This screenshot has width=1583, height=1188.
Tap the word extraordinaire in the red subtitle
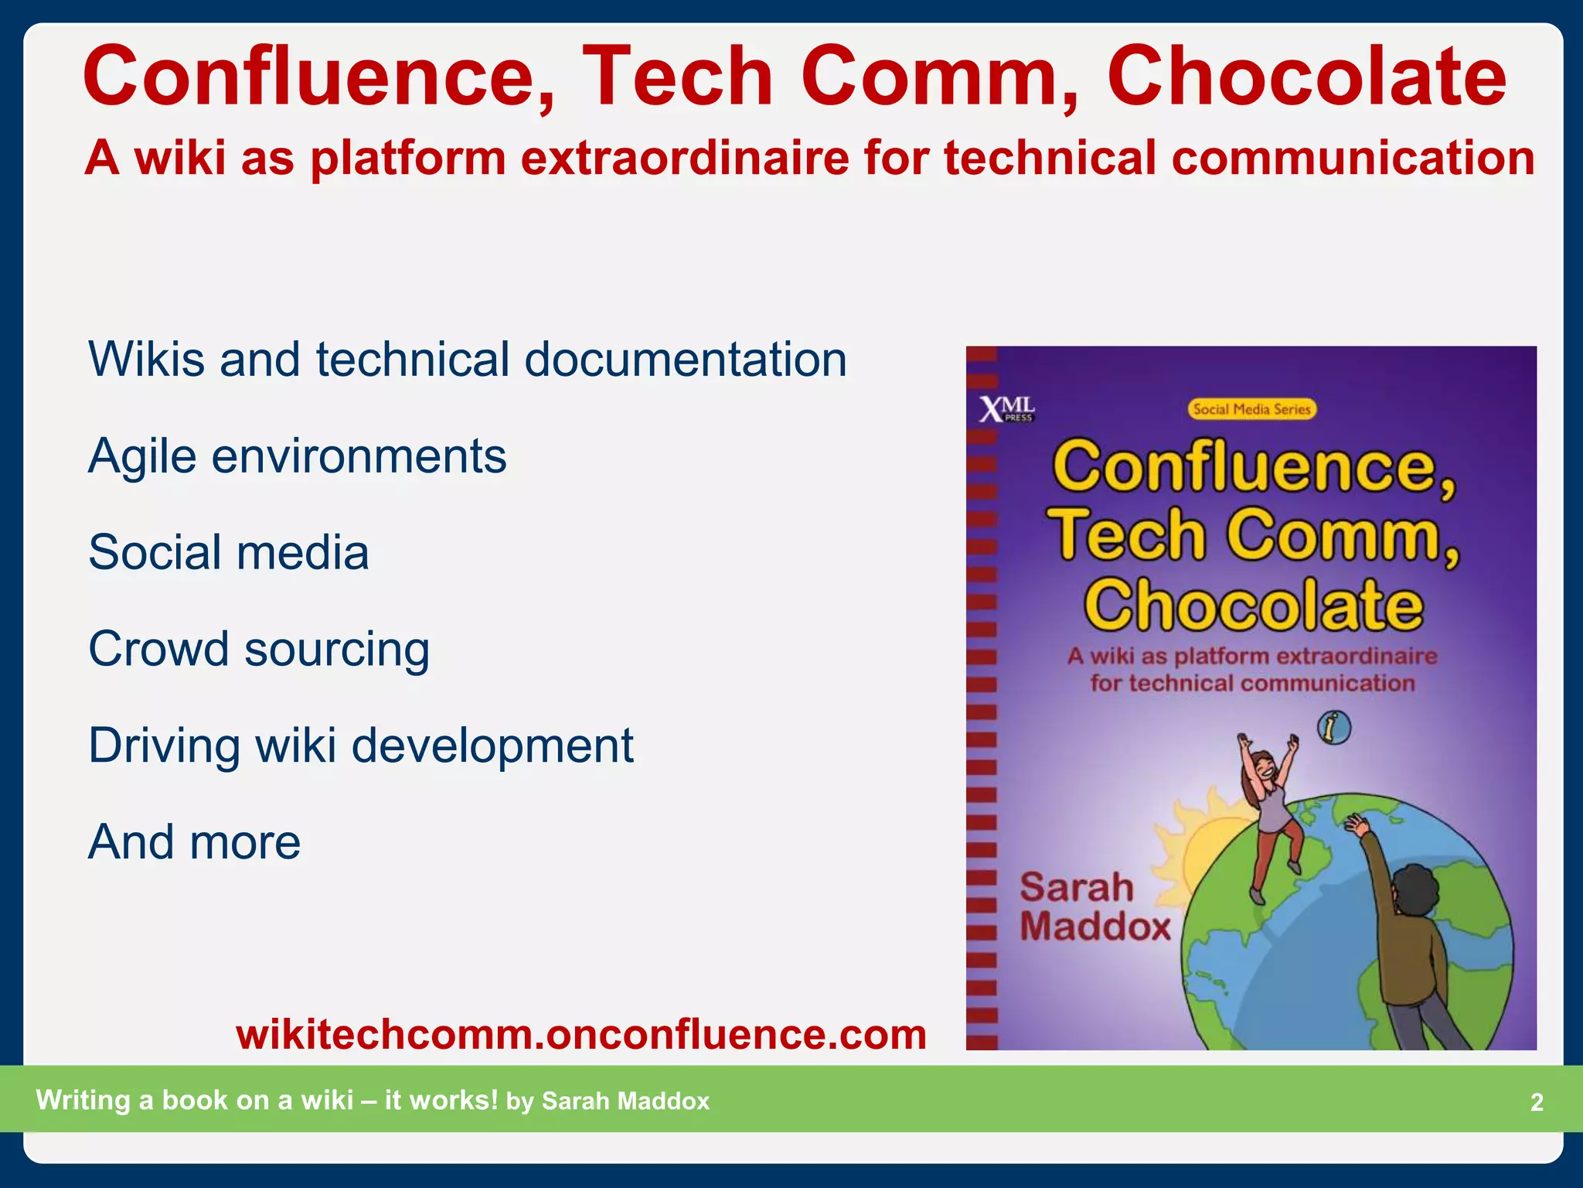tap(684, 158)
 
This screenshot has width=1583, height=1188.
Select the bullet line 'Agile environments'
tap(298, 456)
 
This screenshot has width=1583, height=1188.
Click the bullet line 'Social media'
tap(229, 552)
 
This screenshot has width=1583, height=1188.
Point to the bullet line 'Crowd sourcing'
tap(259, 649)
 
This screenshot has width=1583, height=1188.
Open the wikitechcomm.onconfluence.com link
tap(581, 1034)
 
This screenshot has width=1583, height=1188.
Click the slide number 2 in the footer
tap(1537, 1102)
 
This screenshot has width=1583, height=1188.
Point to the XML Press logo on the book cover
tap(1007, 408)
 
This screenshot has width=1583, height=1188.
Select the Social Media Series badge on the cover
tap(1251, 409)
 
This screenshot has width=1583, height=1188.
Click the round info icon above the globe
tap(1334, 728)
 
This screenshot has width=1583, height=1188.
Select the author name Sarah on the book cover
tap(1076, 886)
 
